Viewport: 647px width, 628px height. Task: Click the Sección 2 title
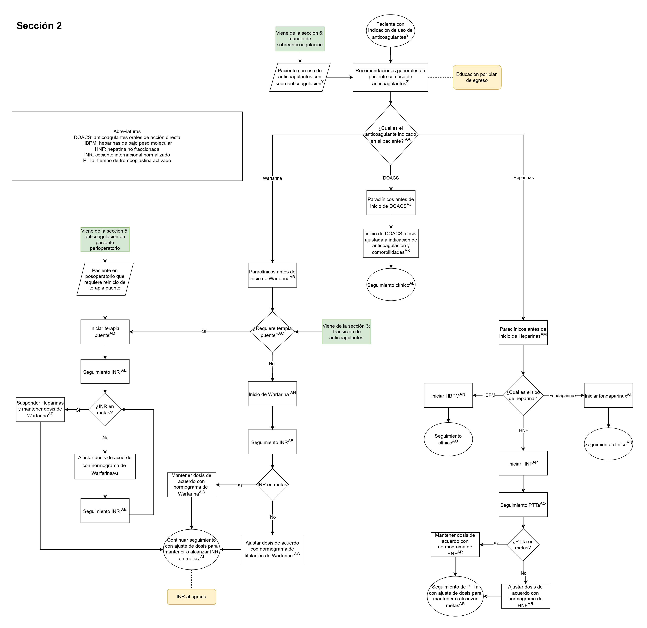point(39,26)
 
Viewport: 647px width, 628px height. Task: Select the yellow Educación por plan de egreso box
point(477,77)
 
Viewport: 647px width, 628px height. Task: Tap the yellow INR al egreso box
point(191,597)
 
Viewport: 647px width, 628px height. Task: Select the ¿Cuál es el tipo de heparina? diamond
point(523,395)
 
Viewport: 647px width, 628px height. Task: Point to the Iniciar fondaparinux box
point(608,395)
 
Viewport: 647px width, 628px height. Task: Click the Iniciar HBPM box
point(448,395)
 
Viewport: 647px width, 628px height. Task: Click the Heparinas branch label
point(523,178)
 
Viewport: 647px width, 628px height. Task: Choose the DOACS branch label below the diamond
point(391,178)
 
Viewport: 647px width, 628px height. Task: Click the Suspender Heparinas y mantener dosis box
point(40,409)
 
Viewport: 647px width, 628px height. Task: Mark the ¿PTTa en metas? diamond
point(523,545)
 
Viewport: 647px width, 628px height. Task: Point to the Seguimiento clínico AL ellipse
point(391,284)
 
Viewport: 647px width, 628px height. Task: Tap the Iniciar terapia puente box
point(105,332)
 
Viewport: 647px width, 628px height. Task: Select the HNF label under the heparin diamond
point(523,430)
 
